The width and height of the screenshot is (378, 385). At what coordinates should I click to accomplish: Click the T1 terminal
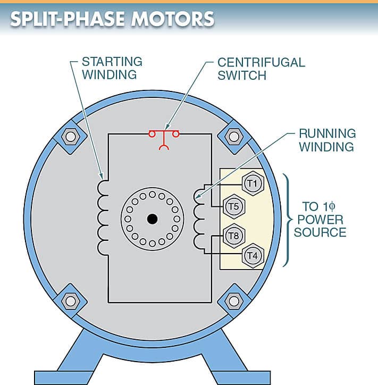click(x=252, y=184)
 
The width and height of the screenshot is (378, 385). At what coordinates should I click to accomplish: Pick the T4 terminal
click(x=252, y=255)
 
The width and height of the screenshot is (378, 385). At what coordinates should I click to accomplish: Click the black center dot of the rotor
click(x=153, y=218)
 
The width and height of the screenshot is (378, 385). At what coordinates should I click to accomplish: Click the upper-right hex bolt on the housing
click(x=234, y=137)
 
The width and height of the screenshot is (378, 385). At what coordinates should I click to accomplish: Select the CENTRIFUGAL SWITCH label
click(x=261, y=68)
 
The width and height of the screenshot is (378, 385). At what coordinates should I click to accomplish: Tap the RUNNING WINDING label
click(x=327, y=140)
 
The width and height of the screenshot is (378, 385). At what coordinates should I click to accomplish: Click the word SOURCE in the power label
click(x=320, y=233)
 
